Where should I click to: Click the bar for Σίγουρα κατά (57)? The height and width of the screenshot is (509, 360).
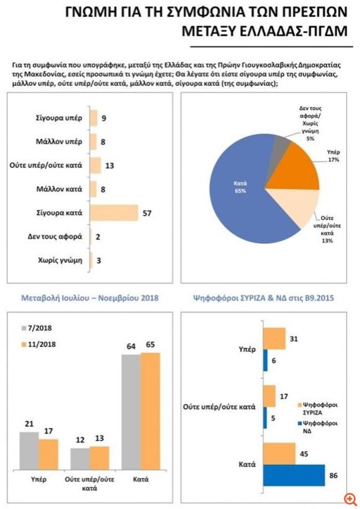click(x=114, y=213)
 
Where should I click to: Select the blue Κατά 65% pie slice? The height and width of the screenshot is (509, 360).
click(x=237, y=195)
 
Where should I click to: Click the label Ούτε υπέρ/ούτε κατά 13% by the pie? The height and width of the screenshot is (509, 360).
click(x=327, y=229)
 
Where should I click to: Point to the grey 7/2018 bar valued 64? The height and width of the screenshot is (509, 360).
click(x=131, y=412)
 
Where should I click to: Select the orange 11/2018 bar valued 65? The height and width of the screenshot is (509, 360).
click(x=150, y=411)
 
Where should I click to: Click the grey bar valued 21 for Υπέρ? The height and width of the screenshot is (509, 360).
click(x=29, y=451)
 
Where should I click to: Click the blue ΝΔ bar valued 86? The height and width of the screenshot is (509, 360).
click(x=294, y=475)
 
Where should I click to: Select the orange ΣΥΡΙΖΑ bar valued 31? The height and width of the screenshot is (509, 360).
click(x=274, y=338)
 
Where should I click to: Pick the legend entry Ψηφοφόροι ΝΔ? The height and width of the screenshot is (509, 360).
click(x=317, y=427)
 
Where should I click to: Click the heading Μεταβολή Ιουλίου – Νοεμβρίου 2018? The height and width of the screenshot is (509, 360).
click(x=90, y=297)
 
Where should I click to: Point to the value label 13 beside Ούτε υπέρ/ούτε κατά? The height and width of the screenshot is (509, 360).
click(x=110, y=166)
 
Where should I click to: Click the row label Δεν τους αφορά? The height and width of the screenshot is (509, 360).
click(x=55, y=236)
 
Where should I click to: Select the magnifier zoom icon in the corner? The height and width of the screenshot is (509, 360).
click(x=350, y=500)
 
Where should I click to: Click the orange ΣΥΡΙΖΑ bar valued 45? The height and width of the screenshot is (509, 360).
click(x=280, y=454)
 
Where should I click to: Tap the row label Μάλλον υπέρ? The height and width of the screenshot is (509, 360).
click(x=59, y=142)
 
